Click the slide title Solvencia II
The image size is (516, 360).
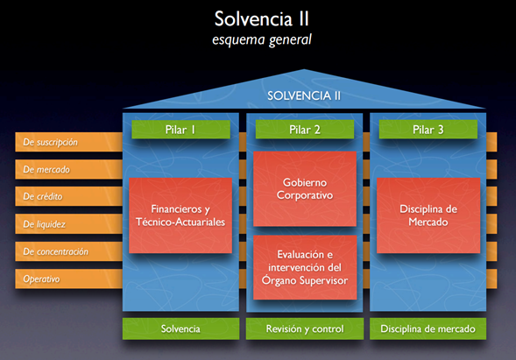point(258,18)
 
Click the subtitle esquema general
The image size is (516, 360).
point(258,39)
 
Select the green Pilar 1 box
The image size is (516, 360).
point(180,130)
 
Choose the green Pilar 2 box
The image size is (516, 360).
point(305,130)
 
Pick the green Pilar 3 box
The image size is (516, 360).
point(428,130)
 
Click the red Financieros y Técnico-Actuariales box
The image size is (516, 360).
point(180,215)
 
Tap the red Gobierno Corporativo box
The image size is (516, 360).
point(305,187)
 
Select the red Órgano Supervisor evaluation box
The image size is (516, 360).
point(305,267)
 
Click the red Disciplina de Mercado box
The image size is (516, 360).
point(428,215)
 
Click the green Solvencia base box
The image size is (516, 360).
point(180,329)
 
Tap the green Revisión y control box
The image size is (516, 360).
point(305,329)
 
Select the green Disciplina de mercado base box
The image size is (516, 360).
point(428,329)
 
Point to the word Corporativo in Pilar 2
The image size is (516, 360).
point(305,194)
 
